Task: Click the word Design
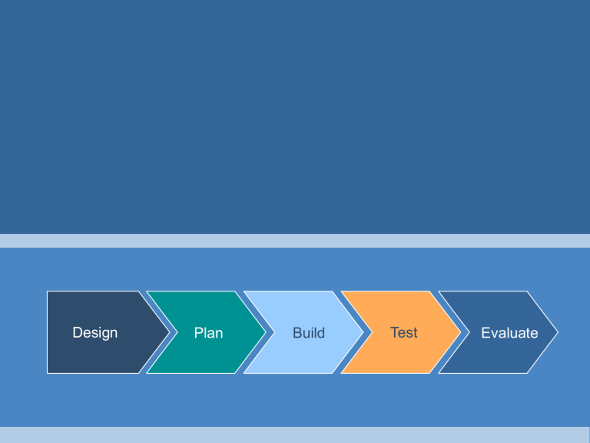point(94,332)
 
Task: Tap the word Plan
point(208,332)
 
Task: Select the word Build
point(309,333)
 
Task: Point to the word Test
point(404,332)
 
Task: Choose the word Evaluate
point(509,333)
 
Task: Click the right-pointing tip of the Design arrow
point(168,332)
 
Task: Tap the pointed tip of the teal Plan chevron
point(266,332)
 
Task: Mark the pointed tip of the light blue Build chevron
point(363,332)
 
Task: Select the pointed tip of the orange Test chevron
point(461,332)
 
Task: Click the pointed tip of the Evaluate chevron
point(558,332)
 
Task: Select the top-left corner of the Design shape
point(48,291)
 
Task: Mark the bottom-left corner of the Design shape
point(48,373)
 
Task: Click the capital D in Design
point(77,332)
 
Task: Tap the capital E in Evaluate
point(486,333)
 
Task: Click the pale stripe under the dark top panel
point(295,241)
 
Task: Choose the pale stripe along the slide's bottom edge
point(295,435)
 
